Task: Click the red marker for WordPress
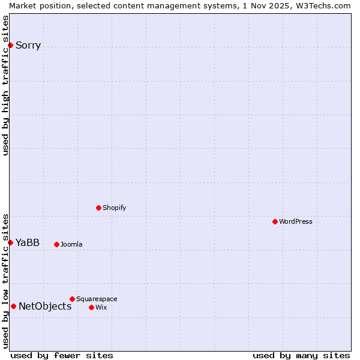[x=275, y=221]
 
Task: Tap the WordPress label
[x=296, y=221]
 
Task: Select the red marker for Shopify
[x=98, y=208]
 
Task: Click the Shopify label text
[x=115, y=208]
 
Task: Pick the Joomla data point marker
[x=56, y=244]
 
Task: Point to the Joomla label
[x=71, y=244]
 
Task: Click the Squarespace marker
[x=72, y=299]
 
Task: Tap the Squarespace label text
[x=97, y=299]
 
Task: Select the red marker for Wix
[x=91, y=307]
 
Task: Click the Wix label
[x=101, y=307]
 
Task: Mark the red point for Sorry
[x=10, y=45]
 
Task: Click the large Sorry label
[x=28, y=46]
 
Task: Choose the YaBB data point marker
[x=10, y=242]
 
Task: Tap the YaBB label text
[x=28, y=242]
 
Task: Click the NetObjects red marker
[x=13, y=306]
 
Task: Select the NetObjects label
[x=45, y=306]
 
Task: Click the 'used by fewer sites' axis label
[x=62, y=355]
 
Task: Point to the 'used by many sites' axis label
[x=301, y=355]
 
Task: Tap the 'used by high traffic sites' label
[x=5, y=85]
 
